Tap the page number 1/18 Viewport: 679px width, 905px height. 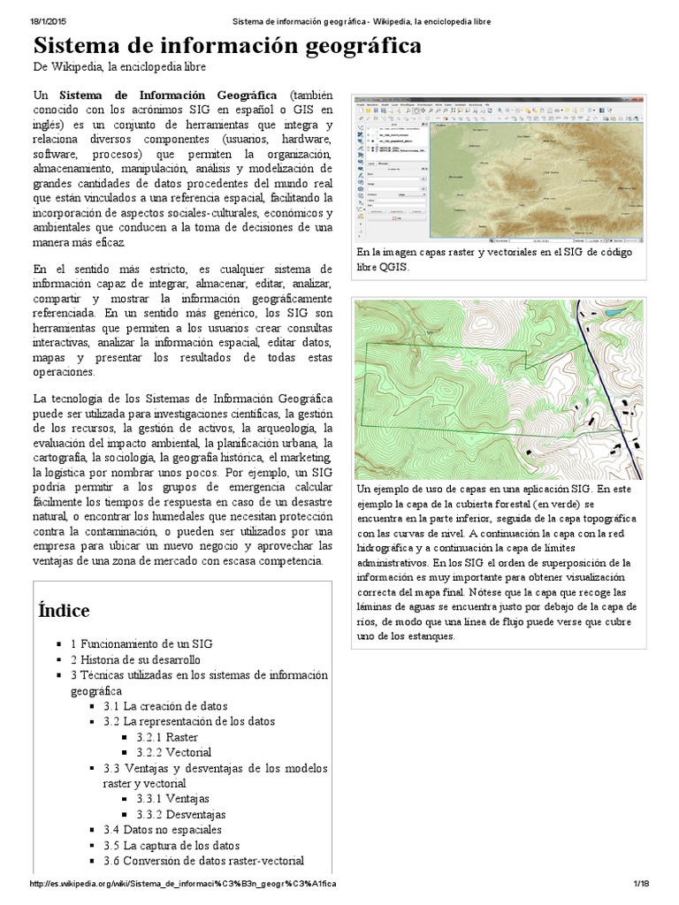641,884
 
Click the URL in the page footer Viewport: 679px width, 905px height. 183,884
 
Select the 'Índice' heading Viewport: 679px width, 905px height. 64,610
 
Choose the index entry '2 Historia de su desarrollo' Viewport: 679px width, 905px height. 135,659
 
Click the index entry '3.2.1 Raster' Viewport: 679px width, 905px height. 168,736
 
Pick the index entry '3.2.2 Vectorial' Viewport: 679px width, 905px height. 174,752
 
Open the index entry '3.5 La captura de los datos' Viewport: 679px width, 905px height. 171,845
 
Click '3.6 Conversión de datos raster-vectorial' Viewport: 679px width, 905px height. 203,861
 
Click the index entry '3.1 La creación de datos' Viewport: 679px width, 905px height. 164,706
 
